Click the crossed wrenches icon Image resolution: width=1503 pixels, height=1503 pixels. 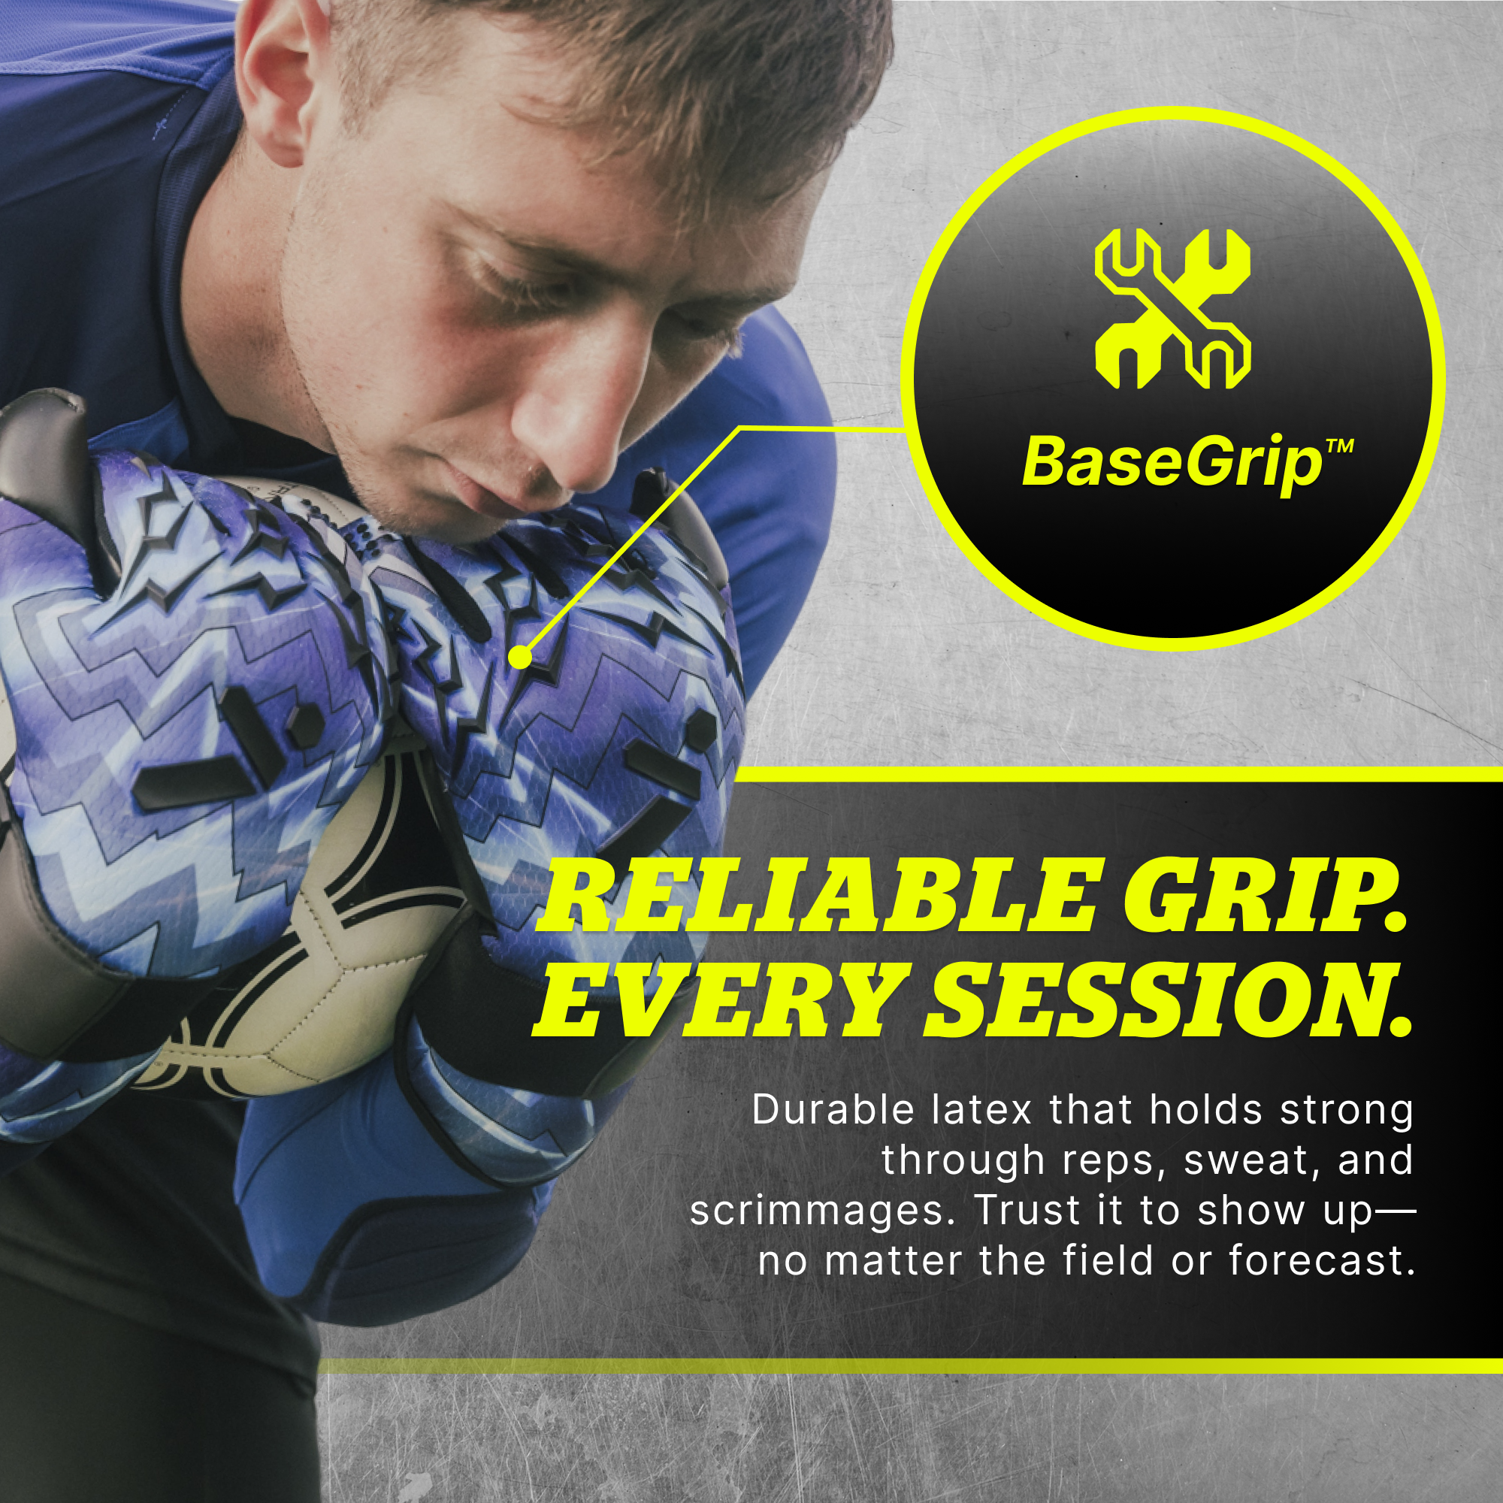1172,309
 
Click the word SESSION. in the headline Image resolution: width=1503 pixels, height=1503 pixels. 1167,1000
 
